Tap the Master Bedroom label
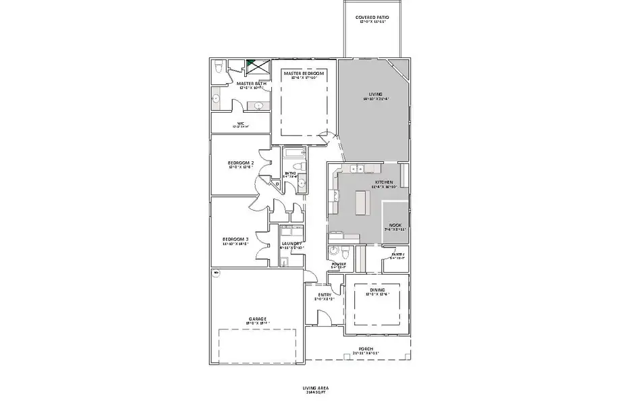[x=304, y=74]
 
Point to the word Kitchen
[x=384, y=183]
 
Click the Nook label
[x=395, y=225]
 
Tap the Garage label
[x=257, y=319]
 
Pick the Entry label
[x=324, y=294]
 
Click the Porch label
[x=366, y=349]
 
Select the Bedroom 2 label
[x=241, y=163]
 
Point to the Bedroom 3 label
[x=235, y=240]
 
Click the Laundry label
[x=291, y=244]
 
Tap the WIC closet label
[x=240, y=123]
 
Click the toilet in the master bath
[x=219, y=67]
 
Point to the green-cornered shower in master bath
[x=255, y=65]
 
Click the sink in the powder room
[x=332, y=252]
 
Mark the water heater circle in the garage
[x=216, y=273]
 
